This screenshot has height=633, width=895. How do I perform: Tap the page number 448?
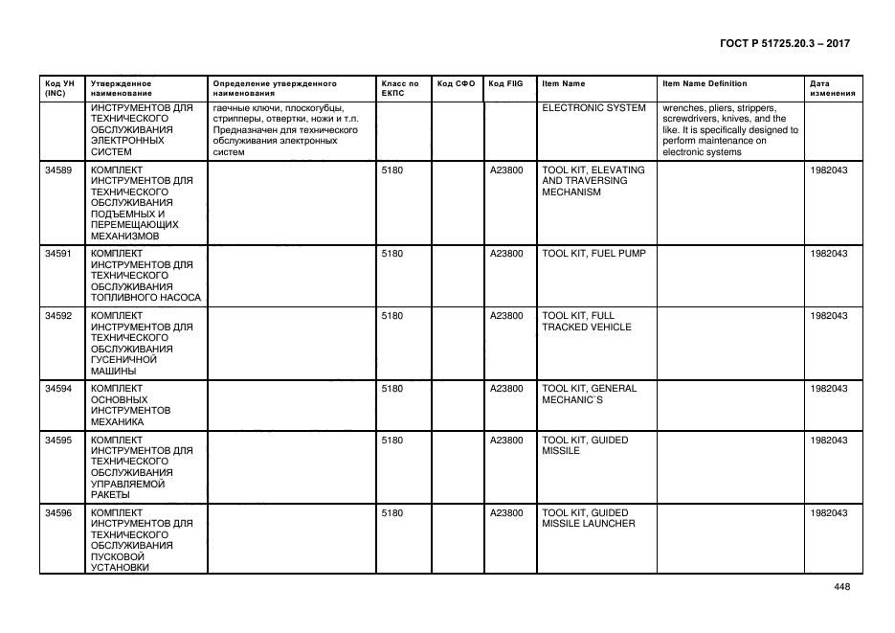pos(841,588)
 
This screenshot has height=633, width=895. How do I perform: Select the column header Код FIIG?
pos(505,84)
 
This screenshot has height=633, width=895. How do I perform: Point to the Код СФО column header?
pos(456,84)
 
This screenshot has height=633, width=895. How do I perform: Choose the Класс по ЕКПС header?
pos(400,89)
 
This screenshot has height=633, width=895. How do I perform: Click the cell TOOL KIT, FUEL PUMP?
pos(593,254)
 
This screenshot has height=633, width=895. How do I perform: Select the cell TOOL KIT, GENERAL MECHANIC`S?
pos(590,394)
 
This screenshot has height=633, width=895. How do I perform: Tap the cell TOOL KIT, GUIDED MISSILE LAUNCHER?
pos(589,518)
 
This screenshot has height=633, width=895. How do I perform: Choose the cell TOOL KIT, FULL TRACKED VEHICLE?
pos(587,321)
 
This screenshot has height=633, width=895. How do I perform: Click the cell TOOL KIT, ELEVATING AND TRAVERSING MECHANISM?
pos(593,180)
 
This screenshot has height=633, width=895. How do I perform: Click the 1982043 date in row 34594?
pos(828,389)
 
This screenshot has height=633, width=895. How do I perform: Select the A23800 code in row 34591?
pos(505,254)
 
